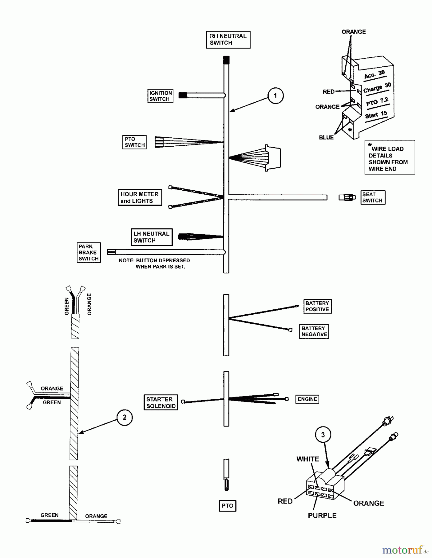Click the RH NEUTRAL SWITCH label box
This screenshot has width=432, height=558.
tap(228, 39)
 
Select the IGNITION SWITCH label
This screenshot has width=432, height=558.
tap(160, 96)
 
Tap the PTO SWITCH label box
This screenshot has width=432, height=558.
tap(134, 142)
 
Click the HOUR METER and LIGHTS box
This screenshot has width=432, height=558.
tap(139, 197)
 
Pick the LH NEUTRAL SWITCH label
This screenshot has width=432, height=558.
tap(151, 237)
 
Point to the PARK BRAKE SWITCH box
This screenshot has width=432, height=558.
tap(89, 252)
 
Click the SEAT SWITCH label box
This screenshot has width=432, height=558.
tap(372, 197)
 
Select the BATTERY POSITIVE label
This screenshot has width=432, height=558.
tap(317, 306)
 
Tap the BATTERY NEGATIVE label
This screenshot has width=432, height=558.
tap(314, 331)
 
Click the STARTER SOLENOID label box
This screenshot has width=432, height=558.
tap(161, 402)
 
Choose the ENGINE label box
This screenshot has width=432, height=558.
tap(307, 399)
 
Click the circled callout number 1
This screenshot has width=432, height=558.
tap(275, 95)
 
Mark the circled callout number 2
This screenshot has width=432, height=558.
tap(125, 417)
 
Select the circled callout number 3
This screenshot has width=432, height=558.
tap(323, 435)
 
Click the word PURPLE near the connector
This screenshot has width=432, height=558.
tap(322, 516)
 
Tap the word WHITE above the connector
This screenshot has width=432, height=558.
tap(307, 459)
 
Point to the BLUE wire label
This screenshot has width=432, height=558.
tap(326, 137)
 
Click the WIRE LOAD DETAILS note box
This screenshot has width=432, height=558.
tap(389, 157)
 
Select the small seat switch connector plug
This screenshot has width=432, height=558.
tap(347, 197)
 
